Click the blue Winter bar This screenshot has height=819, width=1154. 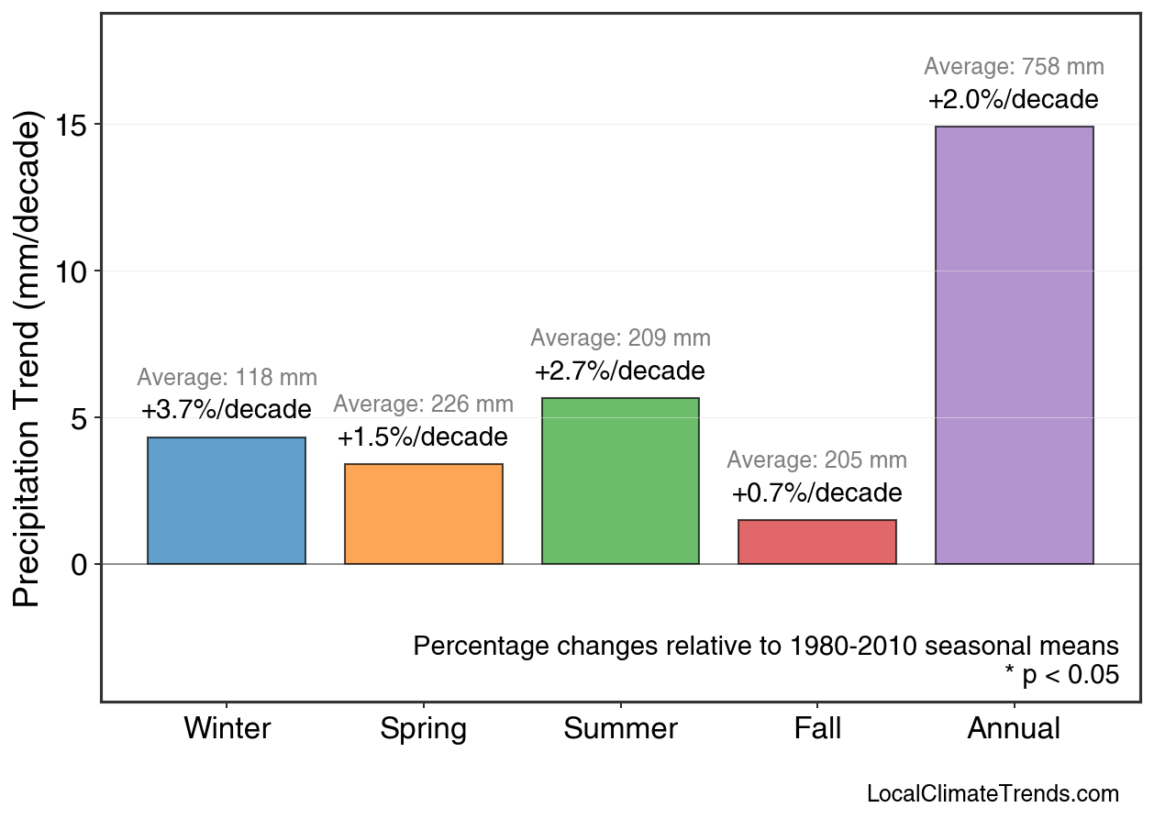pyautogui.click(x=227, y=501)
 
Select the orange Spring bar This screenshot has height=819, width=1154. pyautogui.click(x=424, y=514)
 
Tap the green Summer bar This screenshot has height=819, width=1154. pyautogui.click(x=620, y=481)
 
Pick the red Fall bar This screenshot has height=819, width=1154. pyautogui.click(x=817, y=542)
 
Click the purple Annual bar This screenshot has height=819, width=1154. pyautogui.click(x=1014, y=345)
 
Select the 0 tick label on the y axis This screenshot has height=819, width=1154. pyautogui.click(x=81, y=564)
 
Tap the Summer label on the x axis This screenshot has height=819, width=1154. pyautogui.click(x=620, y=729)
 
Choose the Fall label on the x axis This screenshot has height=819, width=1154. pyautogui.click(x=817, y=729)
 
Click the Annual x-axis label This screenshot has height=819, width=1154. pyautogui.click(x=1014, y=729)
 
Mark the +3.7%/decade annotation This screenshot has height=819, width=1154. pyautogui.click(x=227, y=409)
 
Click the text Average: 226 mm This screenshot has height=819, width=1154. pyautogui.click(x=424, y=404)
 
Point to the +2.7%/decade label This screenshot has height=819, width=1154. pyautogui.click(x=620, y=371)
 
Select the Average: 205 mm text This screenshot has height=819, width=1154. pyautogui.click(x=817, y=460)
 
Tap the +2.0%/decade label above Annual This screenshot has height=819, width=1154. pyautogui.click(x=1014, y=99)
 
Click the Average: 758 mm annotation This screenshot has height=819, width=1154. pyautogui.click(x=1014, y=67)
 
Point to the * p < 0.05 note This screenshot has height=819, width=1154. pyautogui.click(x=1061, y=676)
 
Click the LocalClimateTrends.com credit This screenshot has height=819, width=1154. pyautogui.click(x=993, y=794)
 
